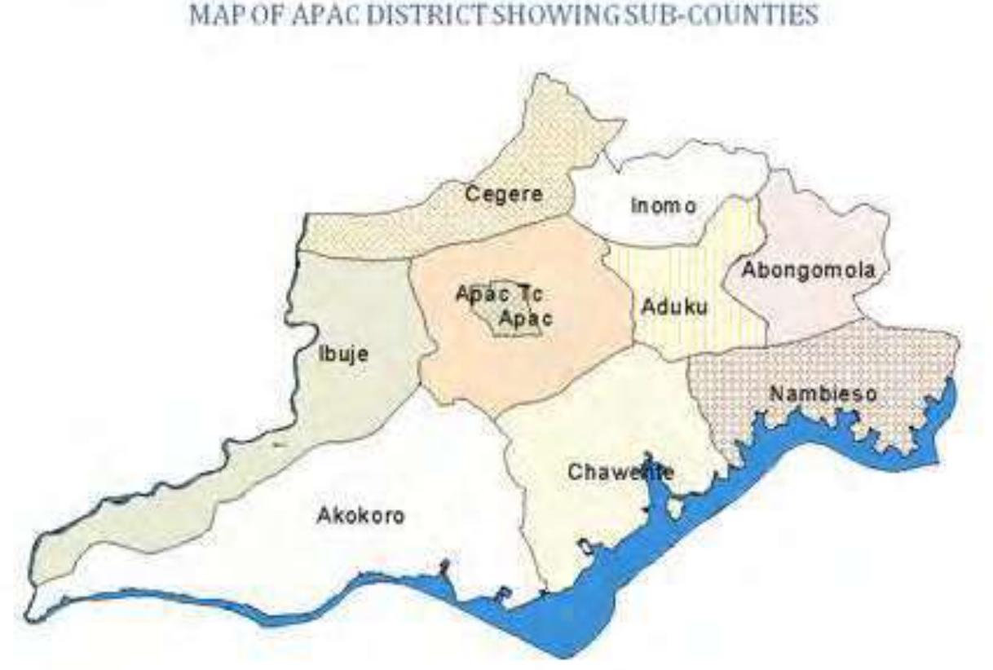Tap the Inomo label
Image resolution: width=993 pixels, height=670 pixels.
(x=664, y=207)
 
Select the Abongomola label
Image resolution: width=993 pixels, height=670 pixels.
(x=808, y=271)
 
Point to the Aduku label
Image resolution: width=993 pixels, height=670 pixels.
(x=673, y=308)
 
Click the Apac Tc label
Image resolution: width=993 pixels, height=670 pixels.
(x=499, y=294)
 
